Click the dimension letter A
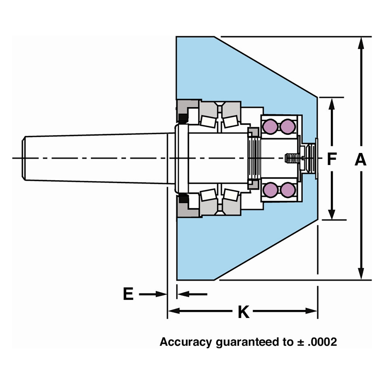click(360, 159)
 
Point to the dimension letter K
click(244, 312)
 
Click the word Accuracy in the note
click(186, 342)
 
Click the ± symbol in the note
click(300, 342)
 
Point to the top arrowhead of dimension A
click(361, 43)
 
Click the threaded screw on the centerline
click(289, 158)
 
